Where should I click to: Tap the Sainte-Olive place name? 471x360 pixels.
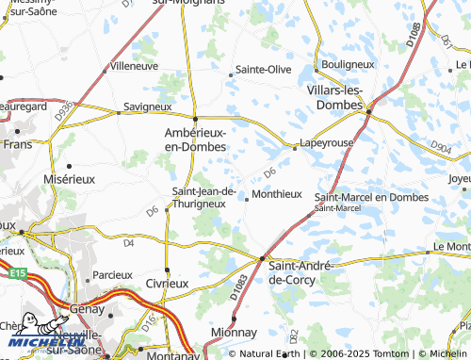click(x=263, y=70)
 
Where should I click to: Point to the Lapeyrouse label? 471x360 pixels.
click(x=326, y=144)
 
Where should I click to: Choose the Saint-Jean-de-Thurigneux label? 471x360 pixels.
click(x=198, y=196)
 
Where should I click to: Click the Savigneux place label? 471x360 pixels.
click(x=145, y=107)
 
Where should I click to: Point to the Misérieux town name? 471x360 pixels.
click(x=70, y=177)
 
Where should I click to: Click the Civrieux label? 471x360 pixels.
click(x=168, y=283)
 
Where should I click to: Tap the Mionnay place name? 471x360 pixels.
click(x=233, y=333)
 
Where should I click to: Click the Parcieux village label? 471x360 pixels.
click(x=101, y=275)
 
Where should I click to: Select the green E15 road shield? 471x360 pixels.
click(x=14, y=273)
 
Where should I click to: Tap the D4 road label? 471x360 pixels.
click(x=129, y=242)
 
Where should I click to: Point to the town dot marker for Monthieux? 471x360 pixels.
click(x=247, y=198)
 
